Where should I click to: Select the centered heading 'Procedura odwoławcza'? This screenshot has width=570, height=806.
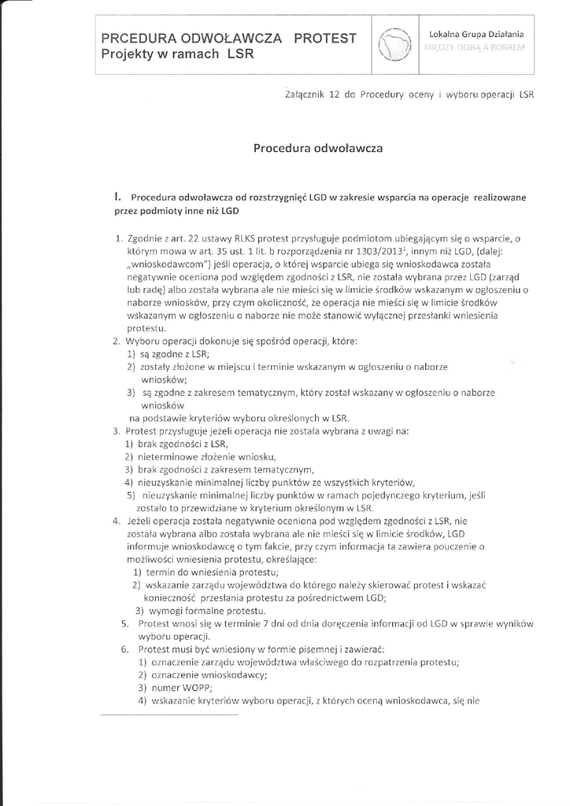[317, 147]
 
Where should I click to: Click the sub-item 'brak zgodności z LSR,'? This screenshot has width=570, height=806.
[178, 444]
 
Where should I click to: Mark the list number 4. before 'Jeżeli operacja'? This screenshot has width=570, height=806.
[116, 520]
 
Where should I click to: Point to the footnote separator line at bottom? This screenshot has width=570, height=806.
[169, 715]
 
